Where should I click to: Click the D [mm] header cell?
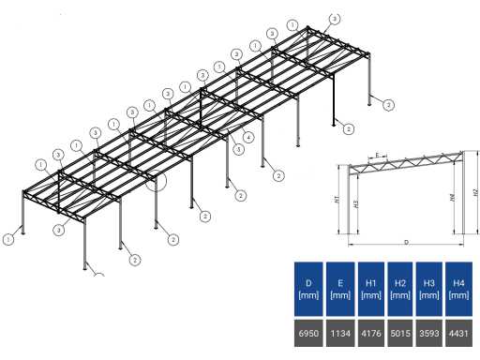pyautogui.click(x=307, y=288)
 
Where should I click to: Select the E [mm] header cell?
pyautogui.click(x=337, y=288)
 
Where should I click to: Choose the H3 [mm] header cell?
pyautogui.click(x=429, y=288)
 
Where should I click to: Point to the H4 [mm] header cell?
pyautogui.click(x=459, y=288)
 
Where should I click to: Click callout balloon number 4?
pyautogui.click(x=247, y=138)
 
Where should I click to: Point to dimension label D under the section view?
pyautogui.click(x=406, y=242)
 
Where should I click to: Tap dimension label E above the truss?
pyautogui.click(x=375, y=155)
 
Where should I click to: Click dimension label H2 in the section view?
pyautogui.click(x=475, y=192)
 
